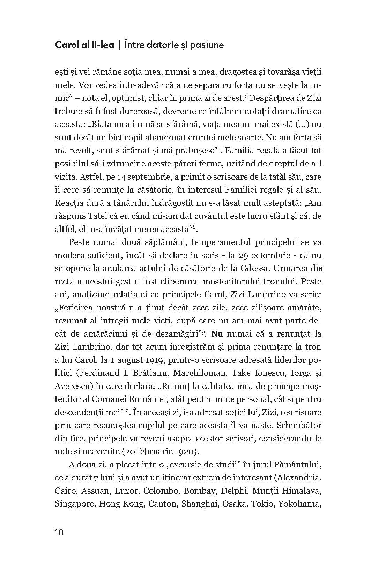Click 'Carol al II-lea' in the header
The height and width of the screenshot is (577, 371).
coord(84,45)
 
